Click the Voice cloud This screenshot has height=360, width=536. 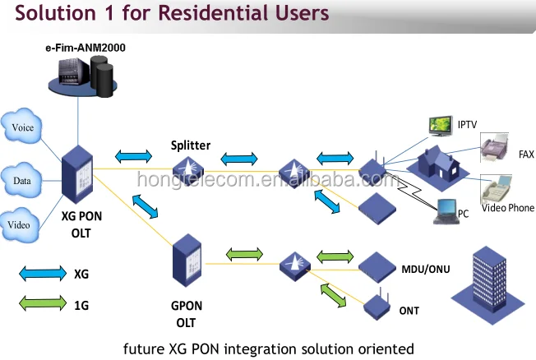23,127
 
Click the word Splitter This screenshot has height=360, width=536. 191,145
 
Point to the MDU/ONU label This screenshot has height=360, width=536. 423,268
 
